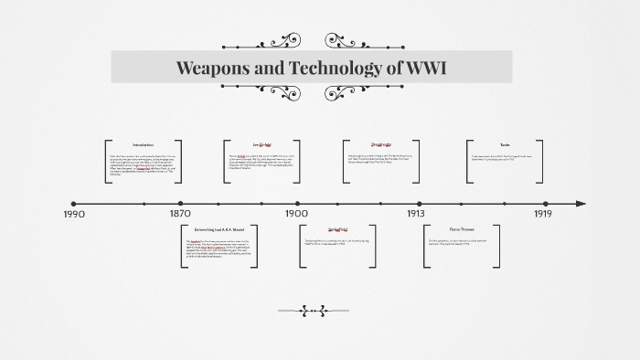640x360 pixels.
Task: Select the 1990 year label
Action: coord(74,214)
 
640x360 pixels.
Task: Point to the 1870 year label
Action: coord(180,214)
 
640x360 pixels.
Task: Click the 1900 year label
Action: coord(296,214)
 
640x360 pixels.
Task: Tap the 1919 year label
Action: coord(543,214)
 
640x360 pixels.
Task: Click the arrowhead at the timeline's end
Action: coord(580,203)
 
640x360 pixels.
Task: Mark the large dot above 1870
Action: coord(180,203)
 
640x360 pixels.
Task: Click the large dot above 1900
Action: coord(297,203)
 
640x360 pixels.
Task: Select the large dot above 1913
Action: coord(420,203)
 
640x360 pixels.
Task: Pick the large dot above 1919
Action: coord(546,203)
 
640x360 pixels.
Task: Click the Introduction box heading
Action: coord(143,145)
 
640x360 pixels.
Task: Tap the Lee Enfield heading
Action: coord(262,145)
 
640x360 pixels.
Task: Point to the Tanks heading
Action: coord(505,145)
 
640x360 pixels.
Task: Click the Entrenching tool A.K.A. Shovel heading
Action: coord(219,228)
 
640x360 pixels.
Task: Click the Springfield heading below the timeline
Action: coord(339,228)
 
